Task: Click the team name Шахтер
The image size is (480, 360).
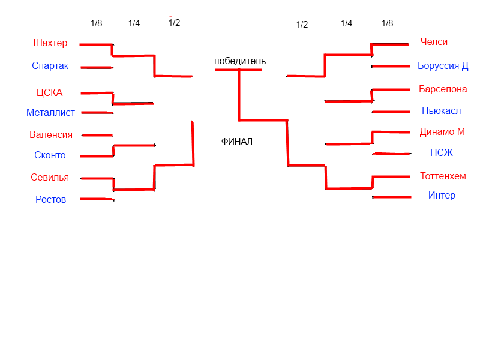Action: pos(51,43)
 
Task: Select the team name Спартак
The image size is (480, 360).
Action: pos(50,66)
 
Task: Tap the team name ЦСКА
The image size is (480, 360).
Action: pos(50,92)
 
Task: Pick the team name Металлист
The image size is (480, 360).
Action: pos(50,113)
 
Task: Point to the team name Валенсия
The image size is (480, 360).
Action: pos(51,135)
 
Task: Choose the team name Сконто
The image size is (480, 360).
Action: pos(50,155)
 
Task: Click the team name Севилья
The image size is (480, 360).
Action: pos(50,178)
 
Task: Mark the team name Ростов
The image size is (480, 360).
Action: pos(50,200)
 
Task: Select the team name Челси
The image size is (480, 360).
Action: pos(434,42)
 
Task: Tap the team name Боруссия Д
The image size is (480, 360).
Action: pos(443,66)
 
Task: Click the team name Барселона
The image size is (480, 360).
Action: pos(443,89)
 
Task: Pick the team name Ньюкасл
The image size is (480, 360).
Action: pos(441,111)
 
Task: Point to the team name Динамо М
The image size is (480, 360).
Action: pos(442,132)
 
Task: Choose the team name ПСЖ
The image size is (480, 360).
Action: pos(442,153)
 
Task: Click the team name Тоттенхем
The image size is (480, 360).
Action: pos(443,176)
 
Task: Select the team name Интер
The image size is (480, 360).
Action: pos(442,196)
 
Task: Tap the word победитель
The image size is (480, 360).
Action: pos(240,61)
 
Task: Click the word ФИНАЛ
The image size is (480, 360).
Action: pos(237,142)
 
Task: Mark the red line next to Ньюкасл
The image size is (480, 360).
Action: pos(391,112)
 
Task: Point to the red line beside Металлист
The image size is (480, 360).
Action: pos(97,112)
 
